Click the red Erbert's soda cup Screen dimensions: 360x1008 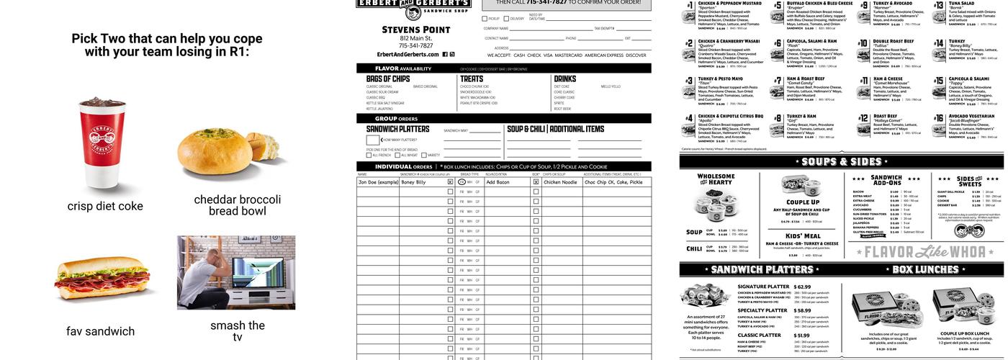[103, 143]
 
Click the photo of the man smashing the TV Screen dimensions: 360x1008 [236, 272]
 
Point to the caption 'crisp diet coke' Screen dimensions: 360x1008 [105, 207]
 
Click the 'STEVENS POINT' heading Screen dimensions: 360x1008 [415, 30]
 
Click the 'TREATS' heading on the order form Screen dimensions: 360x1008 [472, 79]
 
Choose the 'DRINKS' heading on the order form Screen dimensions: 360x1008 [565, 79]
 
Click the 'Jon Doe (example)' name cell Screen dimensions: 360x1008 [378, 182]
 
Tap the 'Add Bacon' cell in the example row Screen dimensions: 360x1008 [498, 182]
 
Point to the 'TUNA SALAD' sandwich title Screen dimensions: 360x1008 [961, 4]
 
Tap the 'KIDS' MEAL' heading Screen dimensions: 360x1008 [802, 236]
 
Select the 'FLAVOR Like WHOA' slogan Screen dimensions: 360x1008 [924, 252]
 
